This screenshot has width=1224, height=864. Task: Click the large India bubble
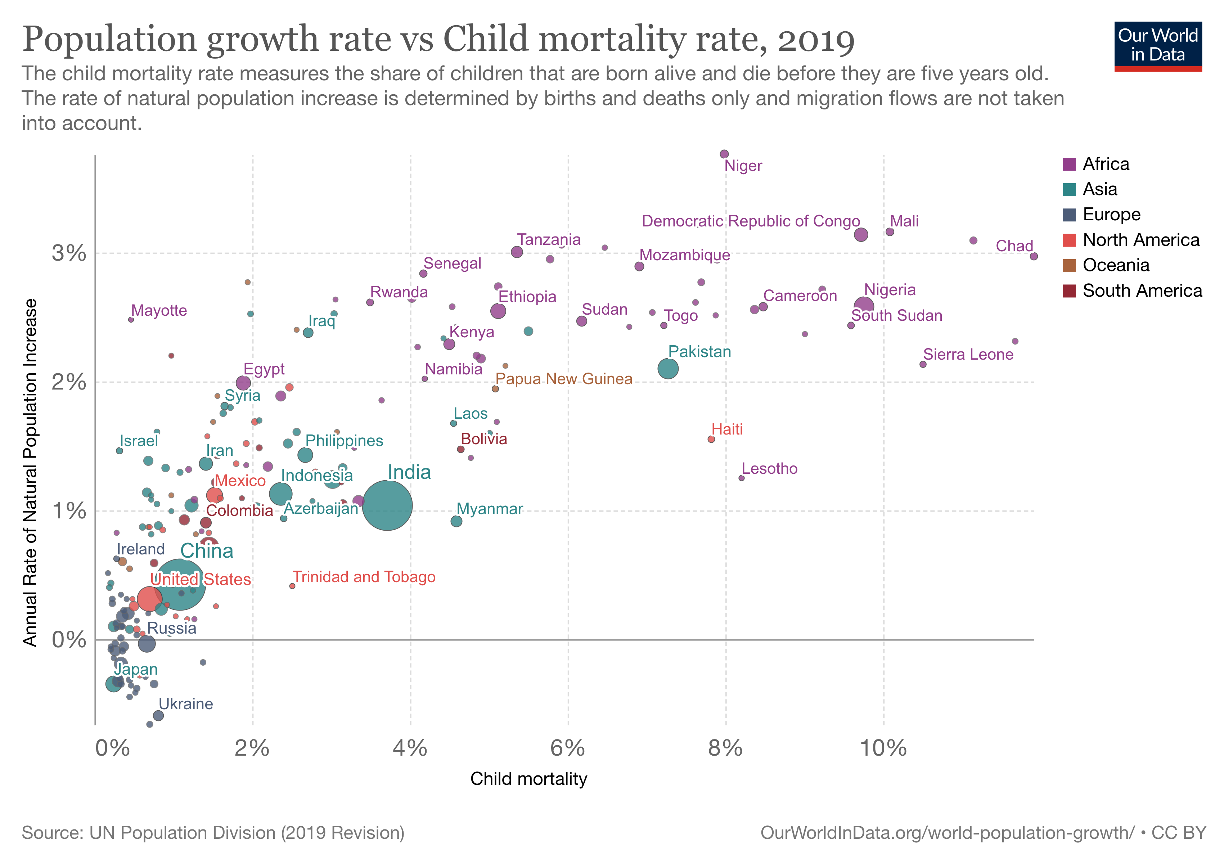[x=387, y=505]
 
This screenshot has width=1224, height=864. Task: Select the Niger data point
[x=724, y=154]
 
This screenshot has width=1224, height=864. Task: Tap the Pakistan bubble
[x=668, y=368]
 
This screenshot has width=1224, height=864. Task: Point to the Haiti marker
[x=711, y=439]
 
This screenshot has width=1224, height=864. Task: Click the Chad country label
[x=1014, y=246]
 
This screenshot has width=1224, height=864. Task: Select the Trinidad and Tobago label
[x=364, y=577]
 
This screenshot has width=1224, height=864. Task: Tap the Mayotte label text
[x=159, y=310]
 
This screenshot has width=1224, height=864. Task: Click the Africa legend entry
[x=1105, y=164]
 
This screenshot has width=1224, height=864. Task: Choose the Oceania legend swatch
[x=1069, y=265]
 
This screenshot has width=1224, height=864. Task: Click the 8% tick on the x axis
[x=725, y=748]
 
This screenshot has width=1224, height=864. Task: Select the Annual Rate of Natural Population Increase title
[x=30, y=472]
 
